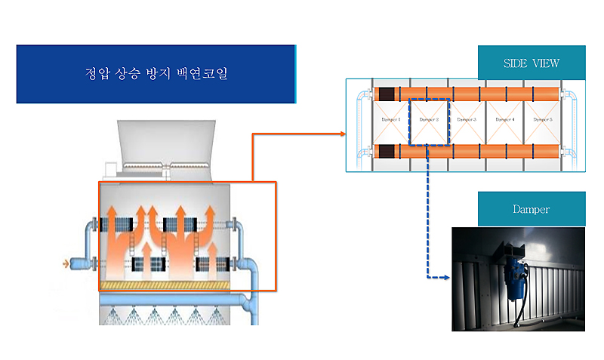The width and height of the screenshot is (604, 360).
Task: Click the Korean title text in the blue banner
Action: [x=154, y=75]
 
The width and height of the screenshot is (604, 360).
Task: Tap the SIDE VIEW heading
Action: [x=532, y=63]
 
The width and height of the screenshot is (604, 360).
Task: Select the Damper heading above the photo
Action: [x=532, y=209]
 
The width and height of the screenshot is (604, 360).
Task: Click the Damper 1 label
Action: [x=388, y=119]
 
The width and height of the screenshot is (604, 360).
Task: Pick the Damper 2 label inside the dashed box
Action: [x=428, y=119]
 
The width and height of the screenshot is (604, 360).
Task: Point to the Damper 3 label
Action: [x=467, y=119]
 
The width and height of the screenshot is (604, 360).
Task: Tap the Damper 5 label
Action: [x=542, y=119]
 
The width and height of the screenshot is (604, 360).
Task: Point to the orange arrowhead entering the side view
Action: [x=341, y=134]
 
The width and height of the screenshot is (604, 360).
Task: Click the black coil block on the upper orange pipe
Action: [x=387, y=94]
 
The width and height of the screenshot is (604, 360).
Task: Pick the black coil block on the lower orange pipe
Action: [x=387, y=151]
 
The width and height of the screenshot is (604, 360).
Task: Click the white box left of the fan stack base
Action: [x=112, y=165]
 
